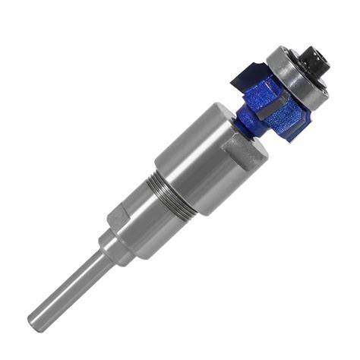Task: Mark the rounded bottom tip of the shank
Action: click(x=35, y=321)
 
